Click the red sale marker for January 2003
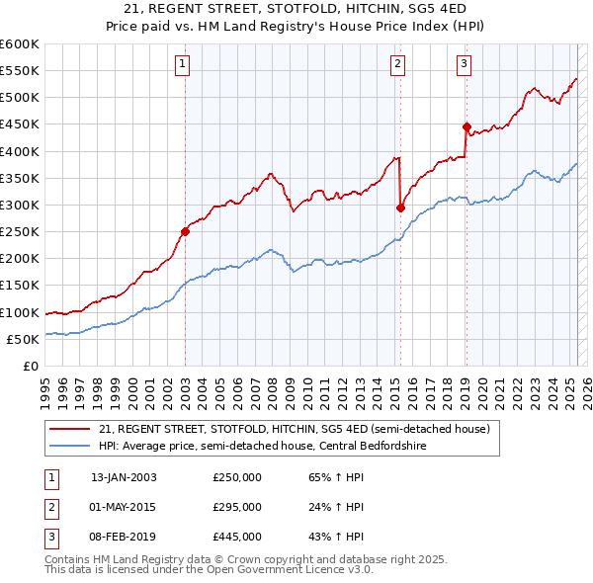click(x=185, y=231)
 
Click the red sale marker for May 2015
click(x=400, y=208)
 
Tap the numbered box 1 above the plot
click(x=184, y=65)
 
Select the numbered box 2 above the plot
click(x=397, y=65)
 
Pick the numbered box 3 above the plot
click(x=465, y=65)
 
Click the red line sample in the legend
click(x=70, y=428)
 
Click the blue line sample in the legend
click(x=70, y=445)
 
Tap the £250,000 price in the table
click(x=237, y=476)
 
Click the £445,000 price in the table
click(x=237, y=538)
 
